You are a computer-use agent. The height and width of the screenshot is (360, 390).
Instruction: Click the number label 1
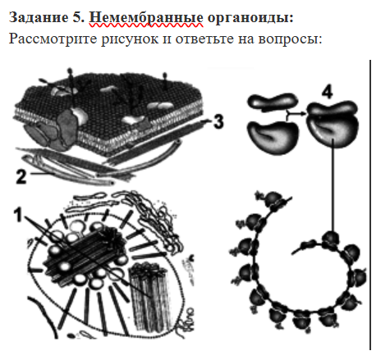pyautogui.click(x=18, y=215)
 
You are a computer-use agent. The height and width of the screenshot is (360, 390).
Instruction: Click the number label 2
pyautogui.click(x=21, y=176)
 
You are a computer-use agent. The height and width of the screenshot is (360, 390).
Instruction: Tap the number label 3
pyautogui.click(x=218, y=121)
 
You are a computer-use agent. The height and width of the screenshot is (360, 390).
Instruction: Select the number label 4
pyautogui.click(x=327, y=92)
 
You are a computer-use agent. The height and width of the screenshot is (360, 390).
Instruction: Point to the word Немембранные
pyautogui.click(x=146, y=17)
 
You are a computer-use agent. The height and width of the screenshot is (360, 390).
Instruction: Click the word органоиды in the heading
pyautogui.click(x=250, y=18)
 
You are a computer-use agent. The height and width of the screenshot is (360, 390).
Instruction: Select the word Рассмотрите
pyautogui.click(x=53, y=39)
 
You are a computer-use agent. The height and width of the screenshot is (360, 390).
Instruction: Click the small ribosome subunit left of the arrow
pyautogui.click(x=273, y=102)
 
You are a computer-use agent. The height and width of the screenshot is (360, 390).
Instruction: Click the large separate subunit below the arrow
pyautogui.click(x=273, y=137)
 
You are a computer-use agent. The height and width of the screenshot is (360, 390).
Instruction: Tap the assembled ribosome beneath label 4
pyautogui.click(x=332, y=124)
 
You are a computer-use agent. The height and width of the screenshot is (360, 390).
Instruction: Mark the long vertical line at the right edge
pyautogui.click(x=370, y=204)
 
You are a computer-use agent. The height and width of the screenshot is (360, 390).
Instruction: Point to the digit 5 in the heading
pyautogui.click(x=77, y=17)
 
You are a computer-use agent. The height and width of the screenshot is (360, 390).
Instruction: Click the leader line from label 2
pyautogui.click(x=42, y=173)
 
